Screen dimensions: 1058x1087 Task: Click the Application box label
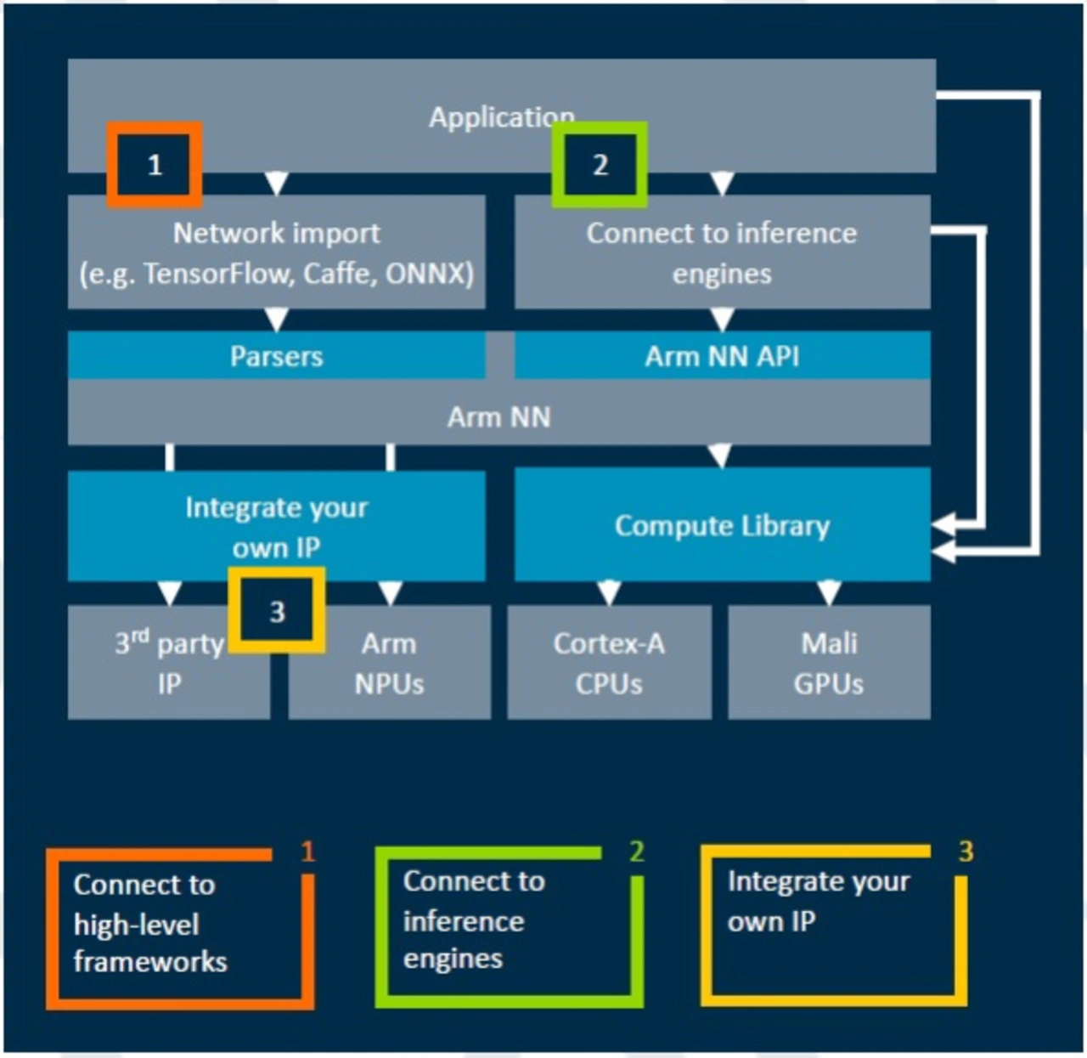click(x=501, y=117)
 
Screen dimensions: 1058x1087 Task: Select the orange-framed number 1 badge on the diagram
click(x=155, y=164)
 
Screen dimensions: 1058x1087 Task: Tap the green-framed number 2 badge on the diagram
click(x=600, y=164)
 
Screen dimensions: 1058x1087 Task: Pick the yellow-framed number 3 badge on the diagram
click(x=277, y=611)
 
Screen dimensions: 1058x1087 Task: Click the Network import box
click(x=277, y=252)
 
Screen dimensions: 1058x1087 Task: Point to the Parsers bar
click(x=277, y=356)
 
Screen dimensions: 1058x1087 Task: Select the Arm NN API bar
click(x=722, y=356)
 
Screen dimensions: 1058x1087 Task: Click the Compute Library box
click(x=722, y=526)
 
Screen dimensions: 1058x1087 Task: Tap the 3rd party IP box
click(x=169, y=664)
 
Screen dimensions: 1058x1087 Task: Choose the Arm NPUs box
click(x=389, y=664)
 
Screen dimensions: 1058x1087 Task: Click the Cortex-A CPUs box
click(x=609, y=664)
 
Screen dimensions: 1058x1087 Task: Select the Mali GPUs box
click(x=829, y=664)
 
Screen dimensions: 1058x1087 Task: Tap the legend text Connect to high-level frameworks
click(x=149, y=923)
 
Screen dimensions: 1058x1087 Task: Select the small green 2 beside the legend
click(x=636, y=851)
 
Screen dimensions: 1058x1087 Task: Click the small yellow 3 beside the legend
click(x=966, y=851)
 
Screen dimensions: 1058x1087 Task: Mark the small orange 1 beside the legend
click(x=307, y=851)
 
